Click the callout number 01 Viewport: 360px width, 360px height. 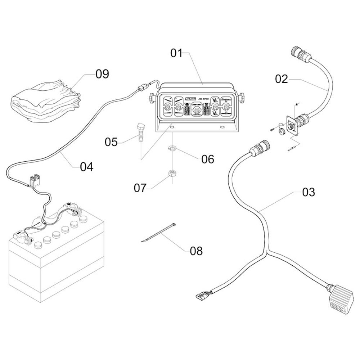pyautogui.click(x=176, y=54)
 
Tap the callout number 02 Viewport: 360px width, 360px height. pyautogui.click(x=282, y=78)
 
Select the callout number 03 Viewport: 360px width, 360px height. pyautogui.click(x=309, y=192)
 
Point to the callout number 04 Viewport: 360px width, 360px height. pyautogui.click(x=86, y=167)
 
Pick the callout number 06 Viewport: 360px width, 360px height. pyautogui.click(x=208, y=159)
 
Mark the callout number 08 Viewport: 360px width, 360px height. pyautogui.click(x=196, y=251)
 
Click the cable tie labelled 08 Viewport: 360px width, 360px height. pyautogui.click(x=158, y=233)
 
